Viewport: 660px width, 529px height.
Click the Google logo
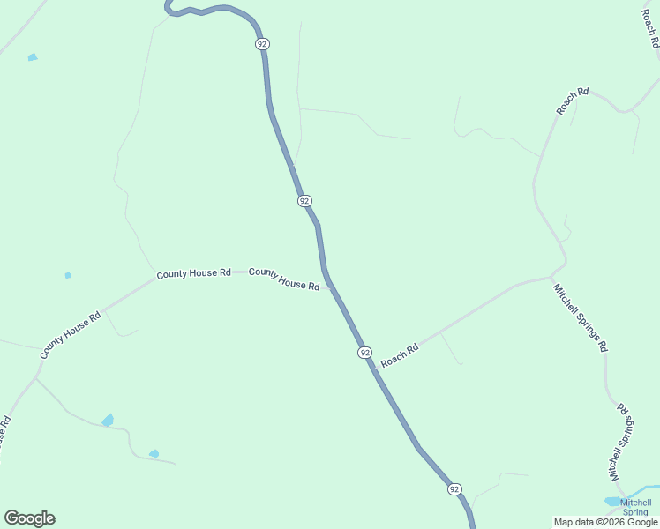pyautogui.click(x=30, y=518)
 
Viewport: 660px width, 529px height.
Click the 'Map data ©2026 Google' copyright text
pyautogui.click(x=605, y=522)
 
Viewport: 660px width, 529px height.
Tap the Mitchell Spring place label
pyautogui.click(x=635, y=507)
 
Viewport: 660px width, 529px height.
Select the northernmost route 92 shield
pyautogui.click(x=261, y=43)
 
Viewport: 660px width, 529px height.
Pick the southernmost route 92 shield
pyautogui.click(x=454, y=488)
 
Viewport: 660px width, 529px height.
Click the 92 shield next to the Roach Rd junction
pyautogui.click(x=364, y=352)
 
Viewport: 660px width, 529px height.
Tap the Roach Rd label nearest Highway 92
pyautogui.click(x=399, y=355)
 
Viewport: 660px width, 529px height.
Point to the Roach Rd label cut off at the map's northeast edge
pyautogui.click(x=649, y=28)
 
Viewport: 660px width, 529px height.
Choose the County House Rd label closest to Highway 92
pyautogui.click(x=284, y=279)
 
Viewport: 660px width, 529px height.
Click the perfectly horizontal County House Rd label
pyautogui.click(x=193, y=273)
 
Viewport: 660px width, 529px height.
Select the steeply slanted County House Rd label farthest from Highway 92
pyautogui.click(x=71, y=335)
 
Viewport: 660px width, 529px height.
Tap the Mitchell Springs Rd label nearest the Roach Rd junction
pyautogui.click(x=580, y=317)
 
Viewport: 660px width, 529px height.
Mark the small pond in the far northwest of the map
pyautogui.click(x=33, y=57)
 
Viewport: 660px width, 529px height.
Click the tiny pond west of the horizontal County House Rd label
pyautogui.click(x=68, y=275)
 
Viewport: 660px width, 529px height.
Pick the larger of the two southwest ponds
pyautogui.click(x=108, y=420)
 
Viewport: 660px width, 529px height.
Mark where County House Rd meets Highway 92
pyautogui.click(x=330, y=285)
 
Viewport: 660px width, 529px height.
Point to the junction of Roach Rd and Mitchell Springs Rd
pyautogui.click(x=553, y=276)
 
